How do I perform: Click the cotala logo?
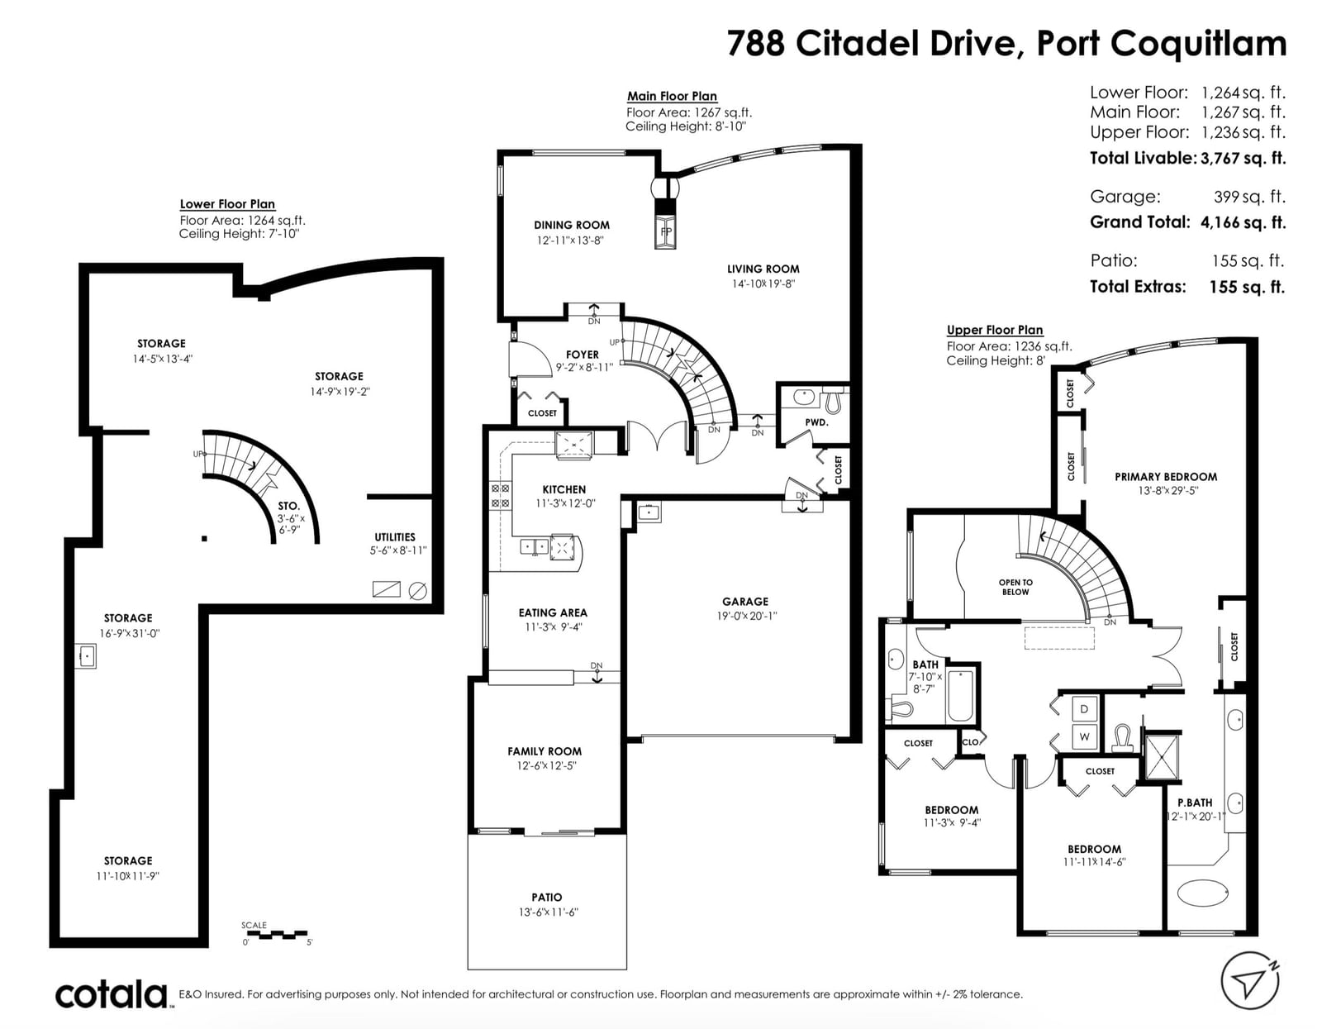(112, 995)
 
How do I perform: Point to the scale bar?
(277, 933)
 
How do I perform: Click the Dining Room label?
(571, 225)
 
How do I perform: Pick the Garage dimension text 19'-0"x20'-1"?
(746, 616)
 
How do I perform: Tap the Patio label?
(546, 897)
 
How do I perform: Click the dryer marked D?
(1083, 709)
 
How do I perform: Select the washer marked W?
(1083, 737)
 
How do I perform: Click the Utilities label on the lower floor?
(395, 536)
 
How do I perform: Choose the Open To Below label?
(1015, 587)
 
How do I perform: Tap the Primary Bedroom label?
(1166, 476)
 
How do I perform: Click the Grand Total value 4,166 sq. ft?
(1243, 222)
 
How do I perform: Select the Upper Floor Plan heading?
(995, 330)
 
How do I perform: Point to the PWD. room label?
(816, 422)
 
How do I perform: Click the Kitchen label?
(564, 489)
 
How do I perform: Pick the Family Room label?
(544, 751)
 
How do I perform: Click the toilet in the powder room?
(833, 400)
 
